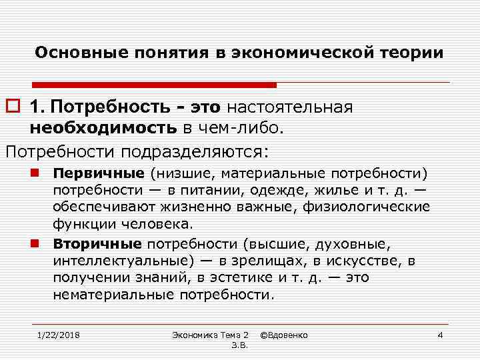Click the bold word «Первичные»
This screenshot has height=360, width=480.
click(99, 174)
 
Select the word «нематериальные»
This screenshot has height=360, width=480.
click(108, 294)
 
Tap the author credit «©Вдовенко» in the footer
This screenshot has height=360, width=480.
click(288, 334)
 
